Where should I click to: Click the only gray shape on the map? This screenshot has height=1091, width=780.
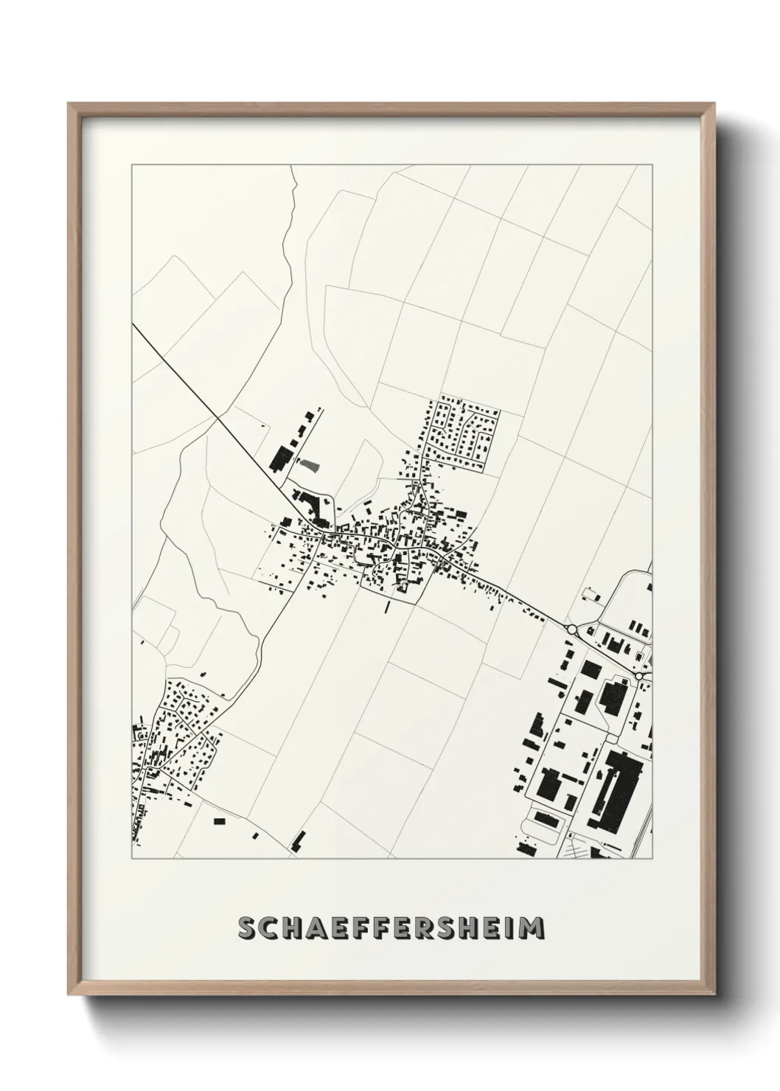310,464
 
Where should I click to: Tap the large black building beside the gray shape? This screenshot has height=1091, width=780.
280,459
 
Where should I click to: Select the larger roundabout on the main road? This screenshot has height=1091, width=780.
571,629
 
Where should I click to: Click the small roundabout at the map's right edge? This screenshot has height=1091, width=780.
640,675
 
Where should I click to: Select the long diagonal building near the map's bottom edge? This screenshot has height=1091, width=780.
299,842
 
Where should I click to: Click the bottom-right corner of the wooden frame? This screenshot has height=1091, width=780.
711,993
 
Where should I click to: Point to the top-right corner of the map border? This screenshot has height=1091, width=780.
652,166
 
